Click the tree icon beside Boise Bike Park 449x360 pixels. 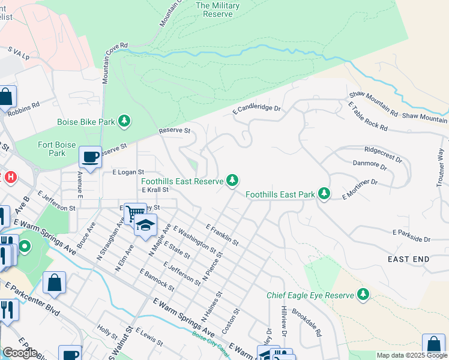coord(124,122)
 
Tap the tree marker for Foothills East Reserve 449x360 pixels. coord(232,181)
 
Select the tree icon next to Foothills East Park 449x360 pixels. coord(324,194)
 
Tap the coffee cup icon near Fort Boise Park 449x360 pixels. coord(91,158)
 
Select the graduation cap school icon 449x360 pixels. coord(145,225)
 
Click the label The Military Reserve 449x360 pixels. coord(217,10)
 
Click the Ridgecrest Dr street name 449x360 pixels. coord(382,154)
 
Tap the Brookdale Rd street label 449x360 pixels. coord(307,322)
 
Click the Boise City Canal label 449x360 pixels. coord(210,342)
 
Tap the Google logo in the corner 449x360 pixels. coord(20,352)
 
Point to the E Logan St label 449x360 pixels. coord(128,172)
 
